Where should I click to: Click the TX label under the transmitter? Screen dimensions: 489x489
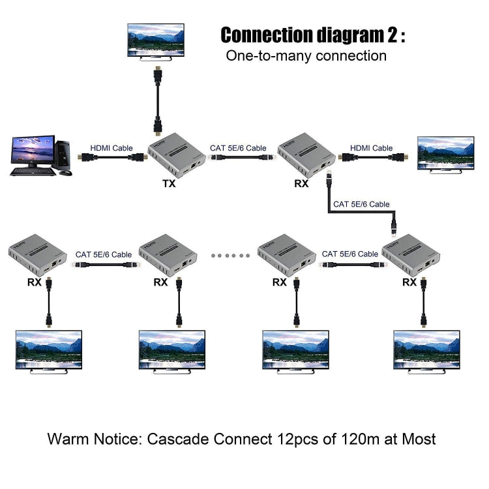[170, 183]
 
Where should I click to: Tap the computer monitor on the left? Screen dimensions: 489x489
[32, 151]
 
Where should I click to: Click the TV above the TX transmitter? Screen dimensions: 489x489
[157, 42]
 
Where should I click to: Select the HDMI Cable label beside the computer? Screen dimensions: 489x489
[111, 148]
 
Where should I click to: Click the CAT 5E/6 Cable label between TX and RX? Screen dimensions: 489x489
[238, 148]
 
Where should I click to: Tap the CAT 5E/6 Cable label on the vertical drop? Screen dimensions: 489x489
[361, 204]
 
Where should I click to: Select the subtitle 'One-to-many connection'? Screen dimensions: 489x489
[306, 55]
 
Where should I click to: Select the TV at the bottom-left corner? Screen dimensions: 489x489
[49, 353]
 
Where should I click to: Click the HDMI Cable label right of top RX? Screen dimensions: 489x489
[372, 148]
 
